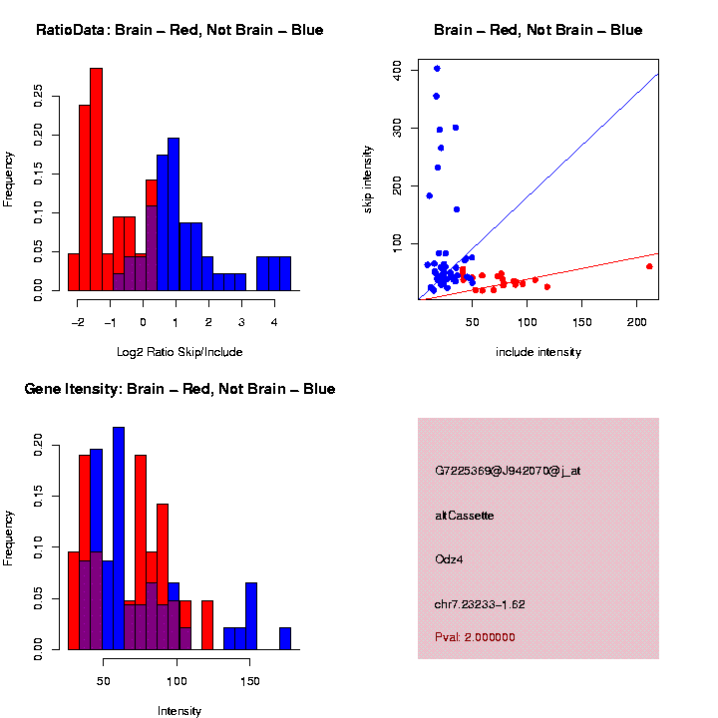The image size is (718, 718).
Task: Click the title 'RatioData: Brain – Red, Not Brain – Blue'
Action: tap(179, 30)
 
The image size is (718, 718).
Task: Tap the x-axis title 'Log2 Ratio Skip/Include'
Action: tap(179, 351)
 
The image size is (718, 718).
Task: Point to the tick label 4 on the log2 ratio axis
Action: tap(274, 321)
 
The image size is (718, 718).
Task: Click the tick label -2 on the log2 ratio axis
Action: tap(78, 321)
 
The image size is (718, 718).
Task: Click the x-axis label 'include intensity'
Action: tap(538, 352)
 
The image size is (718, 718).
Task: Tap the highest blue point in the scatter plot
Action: tap(437, 68)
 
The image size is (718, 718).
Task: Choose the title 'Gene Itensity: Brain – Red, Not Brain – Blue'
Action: tap(180, 389)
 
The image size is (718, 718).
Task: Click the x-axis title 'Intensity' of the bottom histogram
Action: tap(179, 711)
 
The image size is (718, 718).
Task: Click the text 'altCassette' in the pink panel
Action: tap(465, 516)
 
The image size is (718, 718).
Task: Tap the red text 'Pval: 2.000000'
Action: tap(475, 637)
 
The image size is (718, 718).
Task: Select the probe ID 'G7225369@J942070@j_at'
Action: tap(508, 471)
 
